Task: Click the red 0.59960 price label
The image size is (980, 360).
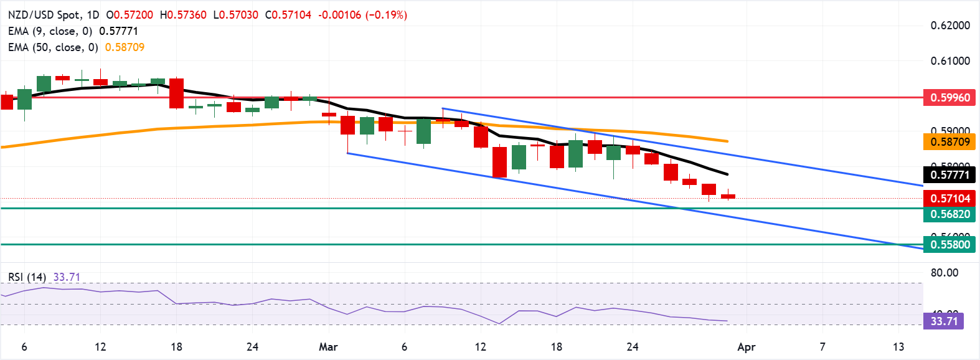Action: pos(950,98)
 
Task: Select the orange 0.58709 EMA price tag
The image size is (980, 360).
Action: pos(950,142)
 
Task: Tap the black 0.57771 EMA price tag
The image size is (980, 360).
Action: pos(950,175)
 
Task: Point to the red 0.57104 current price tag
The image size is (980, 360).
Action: pos(950,199)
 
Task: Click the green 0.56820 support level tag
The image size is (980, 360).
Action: pos(950,214)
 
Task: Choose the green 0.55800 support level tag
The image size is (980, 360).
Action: pos(950,245)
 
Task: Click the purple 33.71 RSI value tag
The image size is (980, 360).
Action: pos(944,321)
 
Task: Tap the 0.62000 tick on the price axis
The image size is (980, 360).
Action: pos(950,26)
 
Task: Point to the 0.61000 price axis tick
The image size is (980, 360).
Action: pos(950,61)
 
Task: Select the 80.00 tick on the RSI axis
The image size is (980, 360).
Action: pos(945,273)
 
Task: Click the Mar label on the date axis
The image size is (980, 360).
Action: pos(328,347)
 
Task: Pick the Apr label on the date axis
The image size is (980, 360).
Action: pos(746,347)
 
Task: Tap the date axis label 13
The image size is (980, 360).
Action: pos(898,347)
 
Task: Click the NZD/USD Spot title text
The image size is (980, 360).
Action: pos(44,15)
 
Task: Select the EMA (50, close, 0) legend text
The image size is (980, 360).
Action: pos(53,47)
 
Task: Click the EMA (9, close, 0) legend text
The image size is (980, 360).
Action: pos(50,31)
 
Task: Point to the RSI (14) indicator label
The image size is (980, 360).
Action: pos(27,277)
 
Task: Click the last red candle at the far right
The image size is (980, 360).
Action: pos(728,197)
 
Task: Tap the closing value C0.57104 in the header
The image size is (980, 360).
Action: pos(288,15)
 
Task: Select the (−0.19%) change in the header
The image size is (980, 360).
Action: pos(386,15)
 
